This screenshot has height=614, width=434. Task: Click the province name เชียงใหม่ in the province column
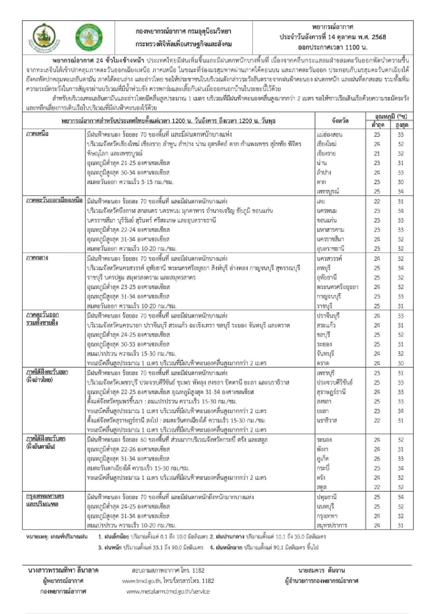click(x=326, y=144)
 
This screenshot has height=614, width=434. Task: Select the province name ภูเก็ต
click(x=324, y=459)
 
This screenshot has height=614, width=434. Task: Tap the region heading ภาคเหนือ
click(x=37, y=134)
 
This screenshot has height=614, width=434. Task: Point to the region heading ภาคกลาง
click(x=37, y=258)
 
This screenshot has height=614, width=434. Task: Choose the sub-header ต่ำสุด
click(x=378, y=125)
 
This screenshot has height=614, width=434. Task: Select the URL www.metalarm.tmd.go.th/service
click(x=168, y=592)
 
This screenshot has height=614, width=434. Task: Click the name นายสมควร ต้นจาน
click(x=322, y=571)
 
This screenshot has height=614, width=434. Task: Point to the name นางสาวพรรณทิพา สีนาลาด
click(x=63, y=571)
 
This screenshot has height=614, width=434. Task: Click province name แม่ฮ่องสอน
click(x=329, y=135)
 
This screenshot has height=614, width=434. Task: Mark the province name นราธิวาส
click(x=327, y=420)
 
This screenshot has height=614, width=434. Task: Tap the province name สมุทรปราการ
click(x=332, y=525)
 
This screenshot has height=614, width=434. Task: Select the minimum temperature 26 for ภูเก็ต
click(x=377, y=459)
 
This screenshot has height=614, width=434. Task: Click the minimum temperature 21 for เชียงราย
click(x=377, y=153)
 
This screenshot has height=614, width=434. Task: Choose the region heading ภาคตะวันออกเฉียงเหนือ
click(x=54, y=200)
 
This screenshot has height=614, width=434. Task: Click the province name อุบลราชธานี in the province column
click(x=331, y=249)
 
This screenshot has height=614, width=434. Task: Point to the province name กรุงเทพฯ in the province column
click(x=327, y=516)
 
